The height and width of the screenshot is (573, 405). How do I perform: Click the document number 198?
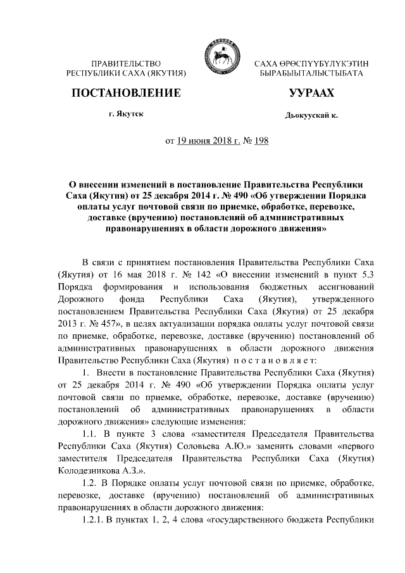(261, 140)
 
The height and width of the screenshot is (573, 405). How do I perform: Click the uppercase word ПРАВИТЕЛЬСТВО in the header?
(126, 65)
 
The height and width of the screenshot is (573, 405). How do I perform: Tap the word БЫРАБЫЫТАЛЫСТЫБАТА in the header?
(311, 75)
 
